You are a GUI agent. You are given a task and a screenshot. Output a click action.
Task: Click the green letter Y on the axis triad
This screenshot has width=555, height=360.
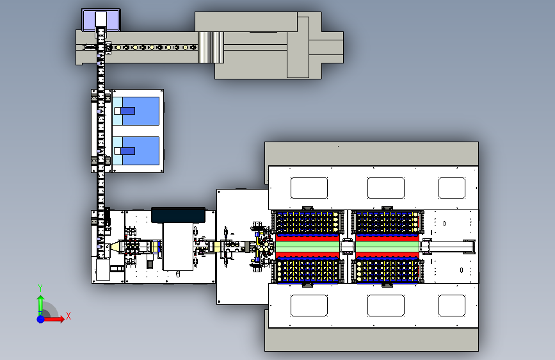click(x=40, y=288)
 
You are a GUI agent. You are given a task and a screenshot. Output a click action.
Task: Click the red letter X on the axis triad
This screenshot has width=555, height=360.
click(x=68, y=316)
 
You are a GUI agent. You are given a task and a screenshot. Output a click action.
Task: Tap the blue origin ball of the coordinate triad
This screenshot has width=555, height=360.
click(x=41, y=319)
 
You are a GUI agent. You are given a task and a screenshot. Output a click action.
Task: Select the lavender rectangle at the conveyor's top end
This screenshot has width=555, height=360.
click(x=101, y=20)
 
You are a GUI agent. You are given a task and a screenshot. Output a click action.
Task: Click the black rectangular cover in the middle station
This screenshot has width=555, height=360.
click(x=178, y=215)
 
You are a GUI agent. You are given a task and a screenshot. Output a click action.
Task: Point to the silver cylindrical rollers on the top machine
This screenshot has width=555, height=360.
click(x=211, y=47)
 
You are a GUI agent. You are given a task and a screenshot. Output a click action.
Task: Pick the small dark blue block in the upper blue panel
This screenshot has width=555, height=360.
click(x=127, y=111)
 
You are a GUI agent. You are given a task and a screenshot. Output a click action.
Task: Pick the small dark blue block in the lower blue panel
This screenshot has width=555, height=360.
click(x=127, y=151)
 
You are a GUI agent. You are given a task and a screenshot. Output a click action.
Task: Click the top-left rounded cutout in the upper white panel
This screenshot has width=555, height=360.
click(x=309, y=188)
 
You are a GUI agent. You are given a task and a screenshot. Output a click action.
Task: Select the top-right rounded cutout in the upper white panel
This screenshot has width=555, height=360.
click(x=452, y=188)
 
